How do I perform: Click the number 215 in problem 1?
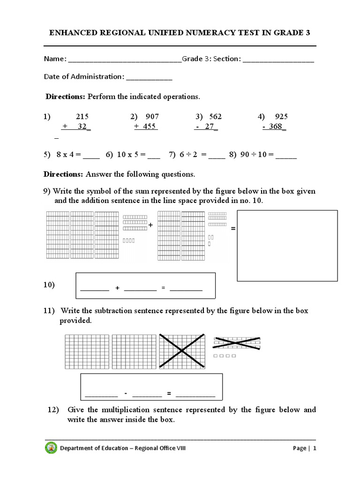82,117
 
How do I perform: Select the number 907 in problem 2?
152,117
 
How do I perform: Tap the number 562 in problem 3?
215,117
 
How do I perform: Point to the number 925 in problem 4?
281,117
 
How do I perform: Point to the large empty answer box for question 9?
287,246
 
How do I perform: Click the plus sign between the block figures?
151,225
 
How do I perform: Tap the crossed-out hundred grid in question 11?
182,351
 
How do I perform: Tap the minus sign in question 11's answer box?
126,393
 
